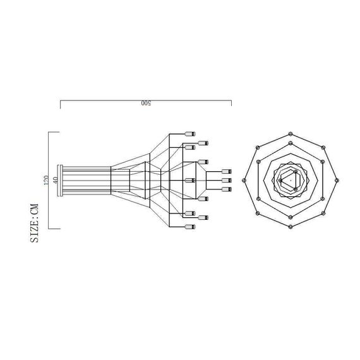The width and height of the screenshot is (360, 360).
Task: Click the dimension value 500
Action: pos(145,104)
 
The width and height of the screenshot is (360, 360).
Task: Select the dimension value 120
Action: pos(45,181)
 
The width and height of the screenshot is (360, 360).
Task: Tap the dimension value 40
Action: pos(56,181)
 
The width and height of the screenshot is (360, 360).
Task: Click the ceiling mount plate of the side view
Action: pos(60,181)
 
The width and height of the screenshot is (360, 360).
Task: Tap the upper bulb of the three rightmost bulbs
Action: pos(227,172)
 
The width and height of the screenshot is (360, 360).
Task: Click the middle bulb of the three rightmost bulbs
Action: pos(227,181)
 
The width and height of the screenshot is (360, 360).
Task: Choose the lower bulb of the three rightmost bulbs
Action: pos(227,189)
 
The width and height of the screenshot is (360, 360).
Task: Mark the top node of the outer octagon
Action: pos(290,133)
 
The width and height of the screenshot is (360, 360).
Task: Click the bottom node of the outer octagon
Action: pos(290,226)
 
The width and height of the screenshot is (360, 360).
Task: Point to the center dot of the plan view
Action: pos(290,180)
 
